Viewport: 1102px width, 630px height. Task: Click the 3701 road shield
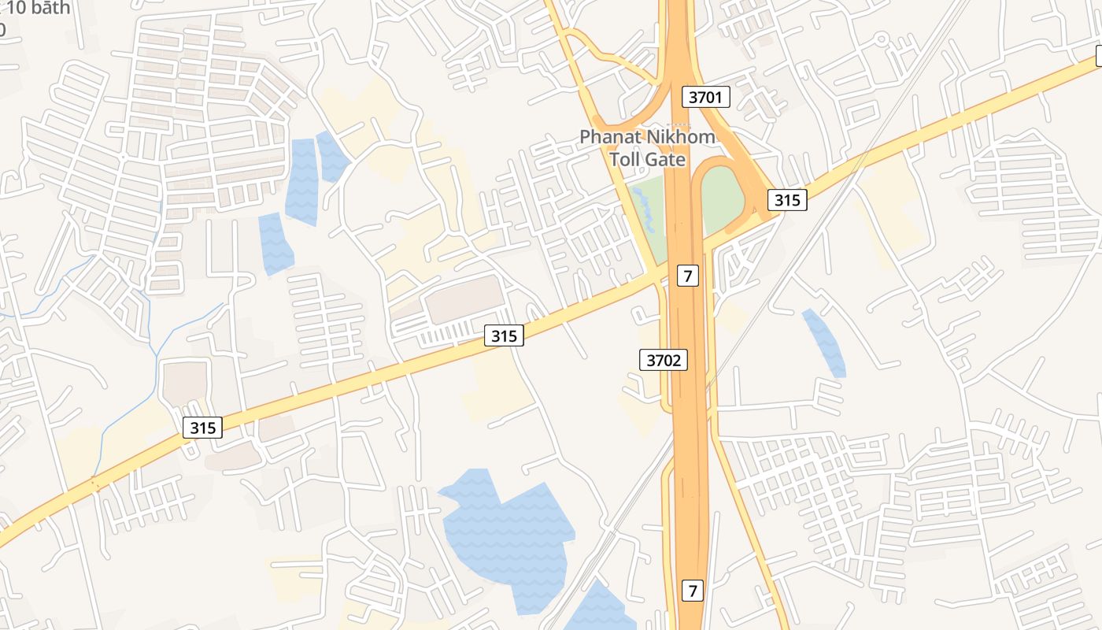click(705, 98)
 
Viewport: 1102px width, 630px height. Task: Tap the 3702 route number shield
click(663, 361)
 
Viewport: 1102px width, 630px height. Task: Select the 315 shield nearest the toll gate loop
click(786, 200)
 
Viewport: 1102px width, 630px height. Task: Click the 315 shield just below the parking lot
click(504, 336)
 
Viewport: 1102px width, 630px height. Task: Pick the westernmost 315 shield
click(202, 428)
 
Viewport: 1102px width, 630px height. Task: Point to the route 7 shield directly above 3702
click(688, 276)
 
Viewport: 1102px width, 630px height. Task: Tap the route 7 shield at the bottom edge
click(692, 589)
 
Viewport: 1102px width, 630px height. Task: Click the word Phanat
click(611, 137)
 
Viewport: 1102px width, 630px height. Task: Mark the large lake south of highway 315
click(508, 535)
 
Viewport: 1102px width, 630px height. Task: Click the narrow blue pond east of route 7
click(824, 343)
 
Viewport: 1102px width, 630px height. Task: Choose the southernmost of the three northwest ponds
click(275, 244)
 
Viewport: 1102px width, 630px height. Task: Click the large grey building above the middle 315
click(464, 299)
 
